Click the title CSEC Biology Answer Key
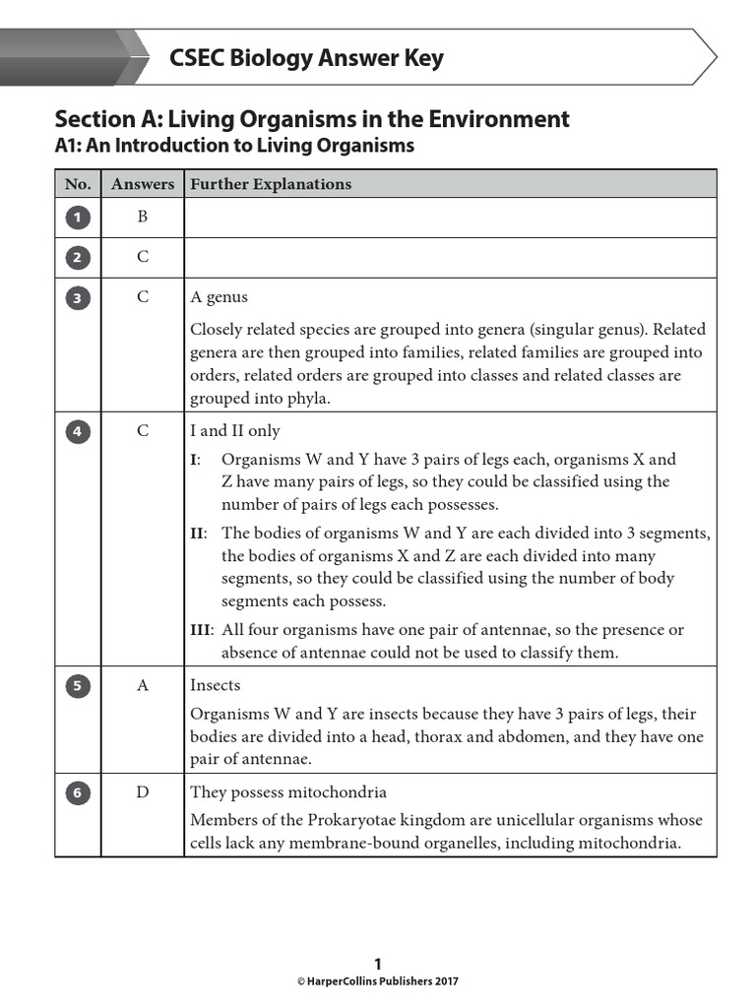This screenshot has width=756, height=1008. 306,58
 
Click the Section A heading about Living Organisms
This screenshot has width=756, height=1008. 312,119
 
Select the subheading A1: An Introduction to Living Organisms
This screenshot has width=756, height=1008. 234,146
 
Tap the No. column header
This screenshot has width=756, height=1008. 78,184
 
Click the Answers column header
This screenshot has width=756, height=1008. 143,184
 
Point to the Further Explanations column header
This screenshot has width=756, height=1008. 271,184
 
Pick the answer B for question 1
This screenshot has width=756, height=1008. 143,218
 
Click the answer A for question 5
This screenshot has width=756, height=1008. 143,686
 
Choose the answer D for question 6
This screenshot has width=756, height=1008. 143,792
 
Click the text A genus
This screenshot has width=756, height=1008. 219,297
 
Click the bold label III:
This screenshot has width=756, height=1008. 202,630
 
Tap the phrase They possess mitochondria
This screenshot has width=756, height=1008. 288,792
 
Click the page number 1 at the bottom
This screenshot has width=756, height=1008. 378,965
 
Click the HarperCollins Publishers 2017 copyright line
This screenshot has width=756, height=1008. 378,981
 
